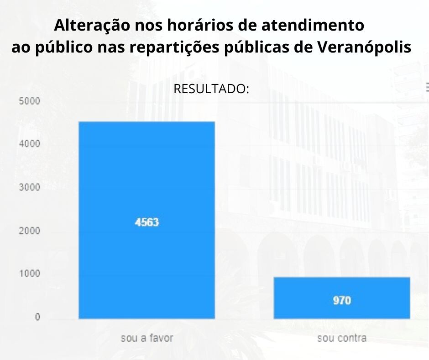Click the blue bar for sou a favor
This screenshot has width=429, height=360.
[x=146, y=183]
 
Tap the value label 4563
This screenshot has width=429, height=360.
[x=146, y=222]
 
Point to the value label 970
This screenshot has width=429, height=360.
[x=341, y=301]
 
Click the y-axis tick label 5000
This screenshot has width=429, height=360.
[x=30, y=101]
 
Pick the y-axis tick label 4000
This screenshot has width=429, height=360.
[x=30, y=144]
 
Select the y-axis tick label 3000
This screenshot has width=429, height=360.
[x=30, y=187]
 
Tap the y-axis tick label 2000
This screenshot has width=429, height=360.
[x=30, y=231]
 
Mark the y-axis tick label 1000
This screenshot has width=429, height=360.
[x=30, y=274]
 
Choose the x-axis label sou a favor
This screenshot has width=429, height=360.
[x=146, y=339]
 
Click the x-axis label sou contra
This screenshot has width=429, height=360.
[x=341, y=339]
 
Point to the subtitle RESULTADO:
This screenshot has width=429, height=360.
[x=211, y=89]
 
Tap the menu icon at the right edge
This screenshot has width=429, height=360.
[x=427, y=85]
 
